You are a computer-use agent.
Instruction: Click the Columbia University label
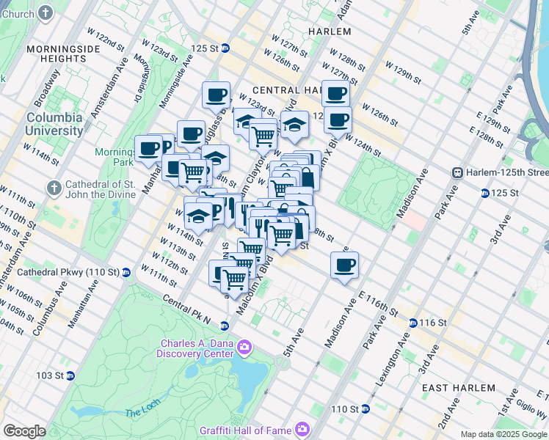[x=55, y=124]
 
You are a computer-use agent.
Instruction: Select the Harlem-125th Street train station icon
[x=457, y=172]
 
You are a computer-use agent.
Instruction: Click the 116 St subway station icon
[x=413, y=323]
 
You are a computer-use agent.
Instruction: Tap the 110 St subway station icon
[x=365, y=409]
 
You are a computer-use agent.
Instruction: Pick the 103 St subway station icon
[x=70, y=375]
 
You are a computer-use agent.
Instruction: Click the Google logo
[x=24, y=431]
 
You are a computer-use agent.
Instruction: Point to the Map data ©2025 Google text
[x=503, y=434]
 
